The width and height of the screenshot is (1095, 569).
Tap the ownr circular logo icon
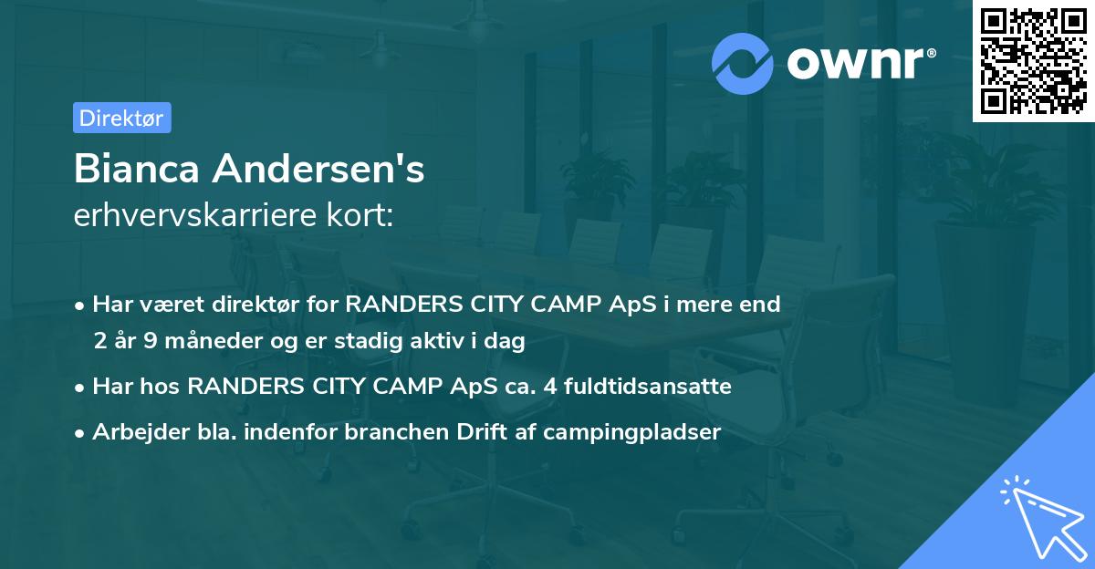click(743, 63)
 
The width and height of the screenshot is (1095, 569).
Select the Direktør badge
click(122, 118)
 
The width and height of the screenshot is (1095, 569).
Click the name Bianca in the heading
click(138, 170)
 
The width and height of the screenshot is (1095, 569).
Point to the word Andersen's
click(320, 170)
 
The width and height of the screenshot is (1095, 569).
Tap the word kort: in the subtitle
click(364, 215)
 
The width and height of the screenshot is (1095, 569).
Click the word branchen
click(388, 432)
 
